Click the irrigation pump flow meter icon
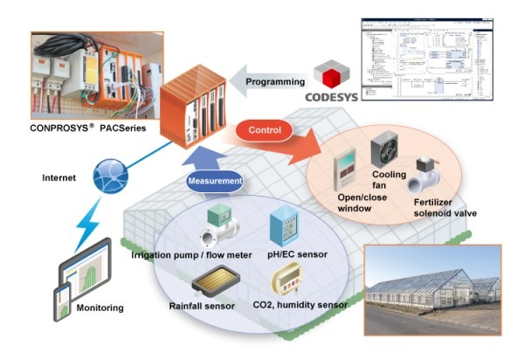(217, 229)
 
